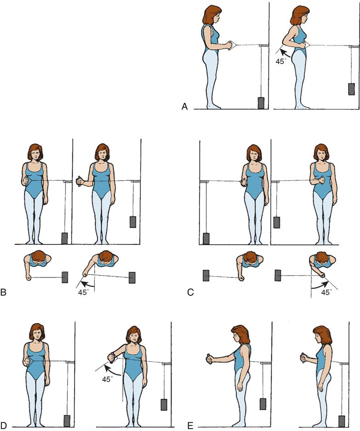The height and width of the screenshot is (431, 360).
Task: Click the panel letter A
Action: pos(185,107)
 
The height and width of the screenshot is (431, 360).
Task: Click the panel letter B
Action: pos(3,292)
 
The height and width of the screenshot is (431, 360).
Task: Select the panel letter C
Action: pos(190,292)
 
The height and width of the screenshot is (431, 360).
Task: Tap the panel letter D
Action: pos(4,426)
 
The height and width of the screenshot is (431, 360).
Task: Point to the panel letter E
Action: pos(190,426)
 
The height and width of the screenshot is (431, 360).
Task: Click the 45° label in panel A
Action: pos(281,61)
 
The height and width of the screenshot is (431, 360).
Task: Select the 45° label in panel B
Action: pos(83,292)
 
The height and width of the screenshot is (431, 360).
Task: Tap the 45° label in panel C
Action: pos(326,292)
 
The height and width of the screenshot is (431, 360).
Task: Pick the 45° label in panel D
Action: pos(107,379)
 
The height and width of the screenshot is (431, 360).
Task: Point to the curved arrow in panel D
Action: pos(113,371)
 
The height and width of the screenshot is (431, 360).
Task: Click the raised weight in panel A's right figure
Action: pos(351,89)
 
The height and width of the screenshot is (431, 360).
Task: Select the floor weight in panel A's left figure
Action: pos(261,103)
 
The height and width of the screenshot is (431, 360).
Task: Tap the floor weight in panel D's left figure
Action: pos(67,421)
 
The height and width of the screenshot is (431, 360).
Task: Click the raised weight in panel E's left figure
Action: pos(263,404)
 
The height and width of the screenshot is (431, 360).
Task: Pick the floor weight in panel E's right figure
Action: pos(342,422)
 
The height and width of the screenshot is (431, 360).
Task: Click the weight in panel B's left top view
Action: pos(65,277)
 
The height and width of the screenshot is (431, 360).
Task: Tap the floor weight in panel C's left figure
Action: pos(206,239)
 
